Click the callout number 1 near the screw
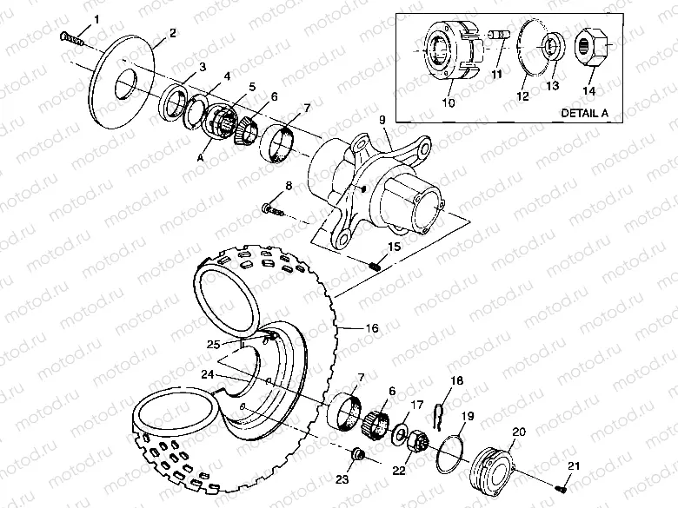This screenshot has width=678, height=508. (x=96, y=18)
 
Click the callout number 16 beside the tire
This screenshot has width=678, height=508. (x=371, y=328)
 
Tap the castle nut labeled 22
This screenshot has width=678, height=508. (x=416, y=445)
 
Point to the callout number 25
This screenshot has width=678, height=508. (x=213, y=345)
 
